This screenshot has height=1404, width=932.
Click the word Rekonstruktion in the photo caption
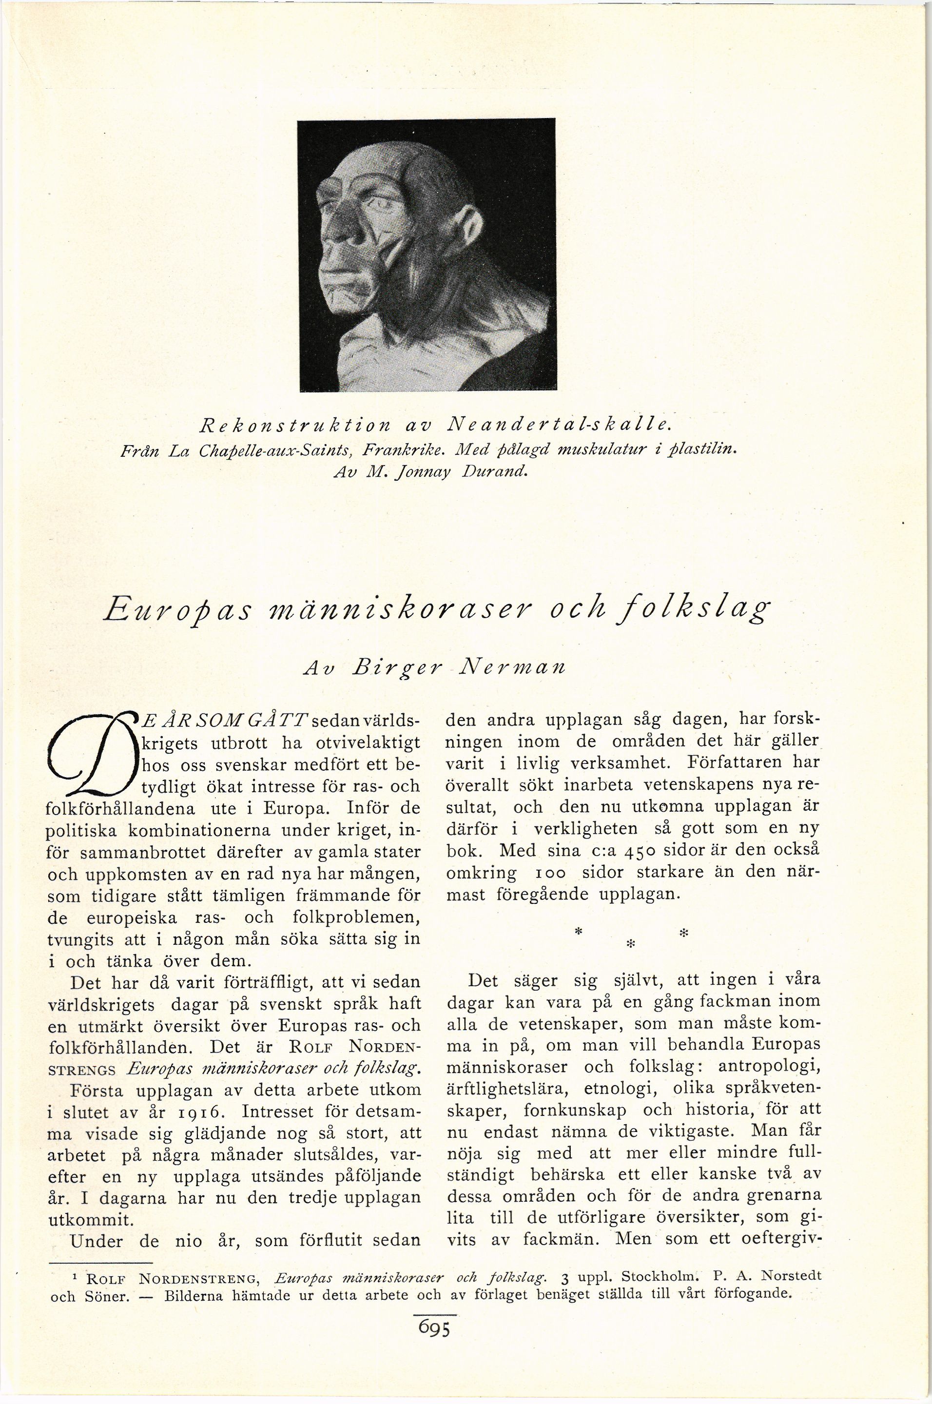[x=294, y=425]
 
